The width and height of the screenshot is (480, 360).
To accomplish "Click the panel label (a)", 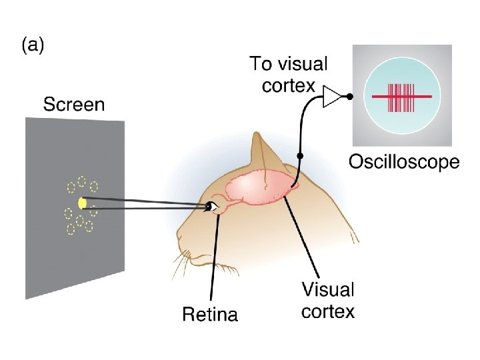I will tap(33, 46).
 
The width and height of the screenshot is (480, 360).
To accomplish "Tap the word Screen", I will tap(74, 105).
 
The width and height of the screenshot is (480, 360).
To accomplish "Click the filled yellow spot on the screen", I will tap(82, 203).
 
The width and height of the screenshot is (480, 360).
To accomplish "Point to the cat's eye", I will tap(211, 207).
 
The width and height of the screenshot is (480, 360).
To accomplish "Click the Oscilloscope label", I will tap(404, 162).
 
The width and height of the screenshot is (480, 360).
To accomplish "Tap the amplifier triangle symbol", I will tap(331, 96).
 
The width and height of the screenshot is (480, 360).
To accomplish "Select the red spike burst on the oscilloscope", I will tap(401, 97).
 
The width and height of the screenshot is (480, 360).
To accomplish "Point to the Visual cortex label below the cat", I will tap(328, 301).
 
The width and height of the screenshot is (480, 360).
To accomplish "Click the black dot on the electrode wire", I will tap(301, 156).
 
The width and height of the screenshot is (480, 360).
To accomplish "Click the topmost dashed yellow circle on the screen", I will tap(81, 180).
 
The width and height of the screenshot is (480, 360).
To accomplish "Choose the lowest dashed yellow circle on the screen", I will tap(71, 230).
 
